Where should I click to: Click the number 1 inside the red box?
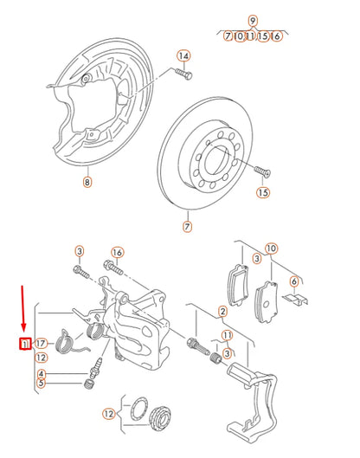(x=26, y=344)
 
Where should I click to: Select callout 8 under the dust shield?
(x=87, y=182)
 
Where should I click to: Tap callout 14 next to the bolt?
(x=183, y=55)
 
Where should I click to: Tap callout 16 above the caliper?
(x=118, y=252)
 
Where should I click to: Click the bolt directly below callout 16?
(x=112, y=266)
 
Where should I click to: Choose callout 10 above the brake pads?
(x=271, y=249)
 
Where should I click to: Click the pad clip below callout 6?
(x=296, y=299)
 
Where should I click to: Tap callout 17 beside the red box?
(x=41, y=344)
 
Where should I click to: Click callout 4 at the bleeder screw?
(x=41, y=374)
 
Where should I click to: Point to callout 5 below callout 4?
(x=41, y=384)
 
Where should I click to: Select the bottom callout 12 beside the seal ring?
(x=108, y=415)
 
